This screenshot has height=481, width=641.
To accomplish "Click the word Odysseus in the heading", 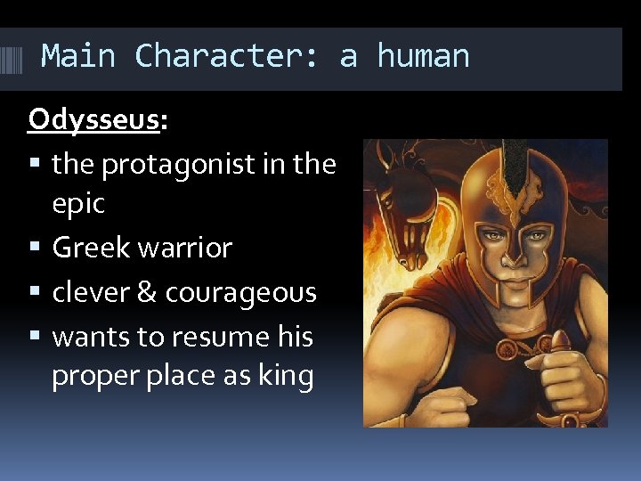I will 93,119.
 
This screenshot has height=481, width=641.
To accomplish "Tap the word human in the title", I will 423,56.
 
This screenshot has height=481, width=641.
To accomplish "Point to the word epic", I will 78,203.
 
